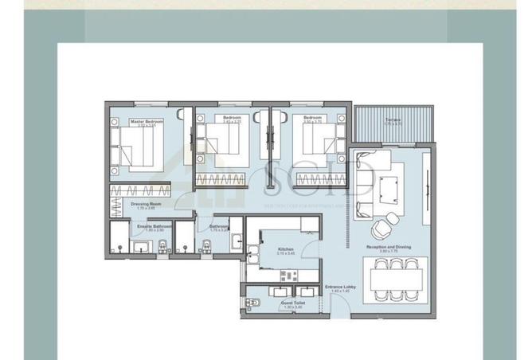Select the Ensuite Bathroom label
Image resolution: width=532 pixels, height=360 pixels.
click(149, 227)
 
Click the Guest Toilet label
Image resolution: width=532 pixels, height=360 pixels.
click(291, 303)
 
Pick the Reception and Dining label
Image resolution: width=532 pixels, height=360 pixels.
click(388, 248)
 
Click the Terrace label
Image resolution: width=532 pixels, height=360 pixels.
click(393, 119)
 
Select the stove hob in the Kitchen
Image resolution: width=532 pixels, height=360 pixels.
click(288, 276)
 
